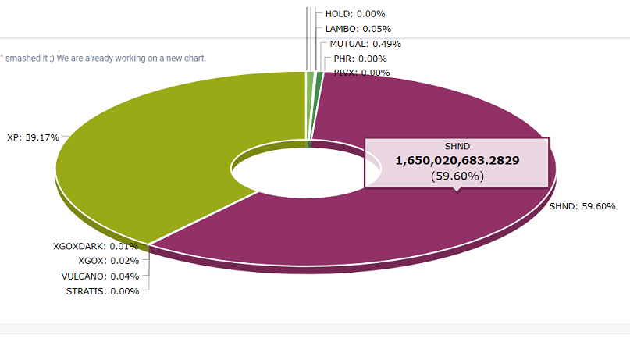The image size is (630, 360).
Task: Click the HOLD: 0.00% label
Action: (x=354, y=14)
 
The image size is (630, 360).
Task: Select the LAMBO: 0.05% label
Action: (x=358, y=29)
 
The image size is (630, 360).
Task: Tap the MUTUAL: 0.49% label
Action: (x=365, y=44)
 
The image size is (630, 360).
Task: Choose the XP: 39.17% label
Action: (x=34, y=137)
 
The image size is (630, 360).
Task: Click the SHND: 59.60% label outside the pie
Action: (x=582, y=207)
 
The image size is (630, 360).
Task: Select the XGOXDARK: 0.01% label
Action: (x=95, y=247)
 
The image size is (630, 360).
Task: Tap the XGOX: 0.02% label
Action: (x=109, y=261)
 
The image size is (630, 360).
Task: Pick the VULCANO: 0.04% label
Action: (x=100, y=276)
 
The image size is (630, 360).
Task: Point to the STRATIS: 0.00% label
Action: (x=102, y=291)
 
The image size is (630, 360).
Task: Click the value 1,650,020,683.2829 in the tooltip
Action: (x=457, y=160)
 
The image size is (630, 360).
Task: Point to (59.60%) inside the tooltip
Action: (x=457, y=176)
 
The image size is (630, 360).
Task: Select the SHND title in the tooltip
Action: (x=457, y=146)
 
